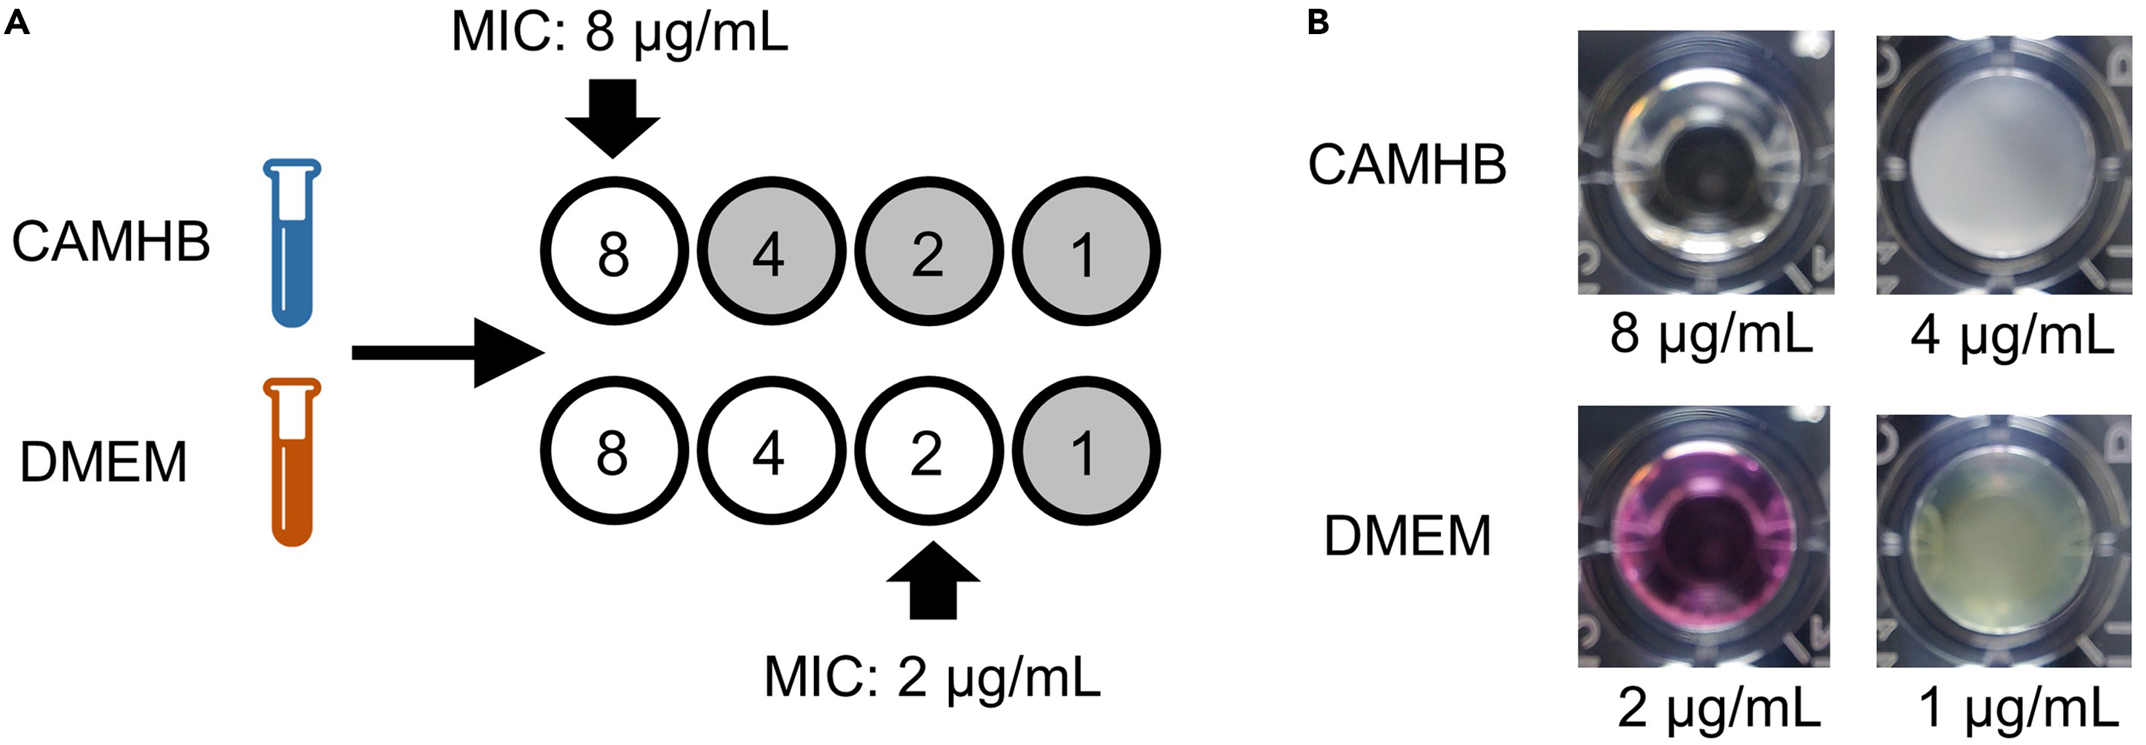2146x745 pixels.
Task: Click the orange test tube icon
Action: coord(292,463)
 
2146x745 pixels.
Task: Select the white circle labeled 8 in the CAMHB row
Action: coord(614,251)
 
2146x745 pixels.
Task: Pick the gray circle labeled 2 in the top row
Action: coord(927,251)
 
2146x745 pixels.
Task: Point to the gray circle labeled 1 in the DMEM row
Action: coord(1084,451)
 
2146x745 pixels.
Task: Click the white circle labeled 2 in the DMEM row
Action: coord(927,451)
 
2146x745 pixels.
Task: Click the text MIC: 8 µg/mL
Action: coord(619,33)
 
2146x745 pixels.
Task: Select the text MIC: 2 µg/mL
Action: coord(931,678)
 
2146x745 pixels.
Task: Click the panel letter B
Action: coord(1317,22)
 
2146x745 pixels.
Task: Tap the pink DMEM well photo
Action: coord(1705,537)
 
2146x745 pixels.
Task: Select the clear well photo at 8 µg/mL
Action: coord(1705,162)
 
